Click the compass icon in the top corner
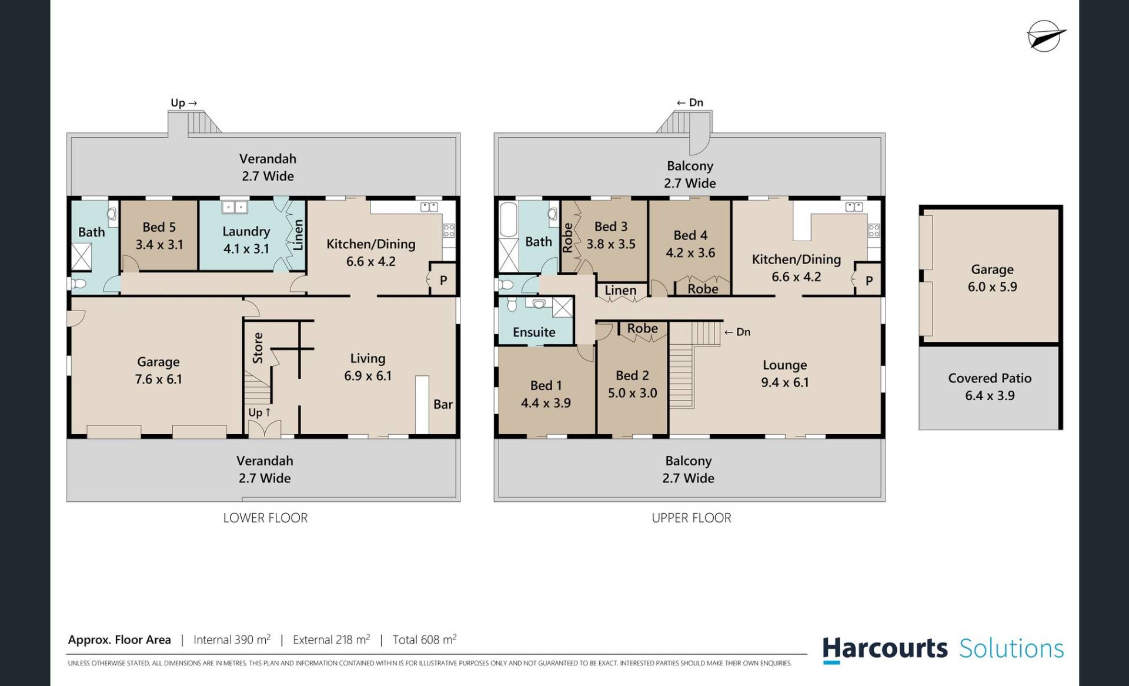[x=1046, y=36]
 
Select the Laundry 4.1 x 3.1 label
[x=246, y=240]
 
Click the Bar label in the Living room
[x=443, y=404]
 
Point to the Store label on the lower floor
[x=258, y=348]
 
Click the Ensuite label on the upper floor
[x=534, y=332]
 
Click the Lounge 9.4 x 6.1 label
[x=784, y=374]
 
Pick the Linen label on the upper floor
[x=620, y=290]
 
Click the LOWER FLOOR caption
[x=265, y=518]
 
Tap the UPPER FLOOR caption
[x=692, y=518]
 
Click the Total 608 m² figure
[x=425, y=640]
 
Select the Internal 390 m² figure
[x=232, y=640]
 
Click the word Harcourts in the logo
[x=885, y=648]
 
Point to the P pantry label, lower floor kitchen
[x=443, y=281]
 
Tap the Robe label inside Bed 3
[x=567, y=238]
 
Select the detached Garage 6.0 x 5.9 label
[x=992, y=278]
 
